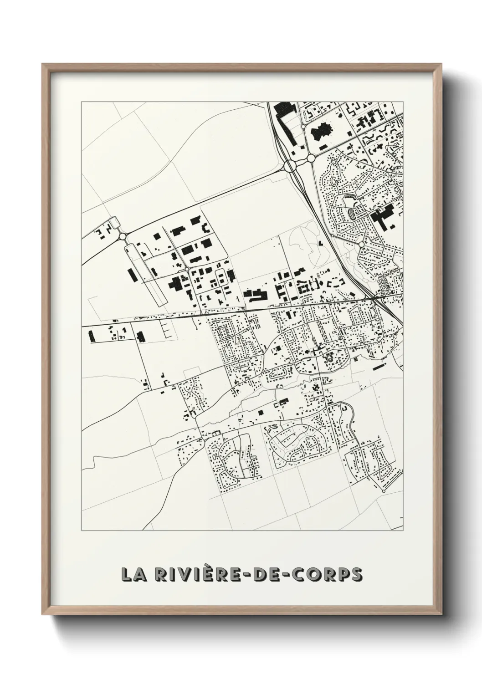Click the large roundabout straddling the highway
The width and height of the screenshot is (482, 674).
(290, 166)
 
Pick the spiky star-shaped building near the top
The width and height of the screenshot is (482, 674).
(321, 132)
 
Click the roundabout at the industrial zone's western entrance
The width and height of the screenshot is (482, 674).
(123, 236)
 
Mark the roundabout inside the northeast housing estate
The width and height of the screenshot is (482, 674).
(361, 245)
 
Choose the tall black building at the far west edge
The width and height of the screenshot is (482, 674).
(91, 336)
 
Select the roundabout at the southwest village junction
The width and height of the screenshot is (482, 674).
(195, 415)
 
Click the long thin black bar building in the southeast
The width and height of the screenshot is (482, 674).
(379, 366)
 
